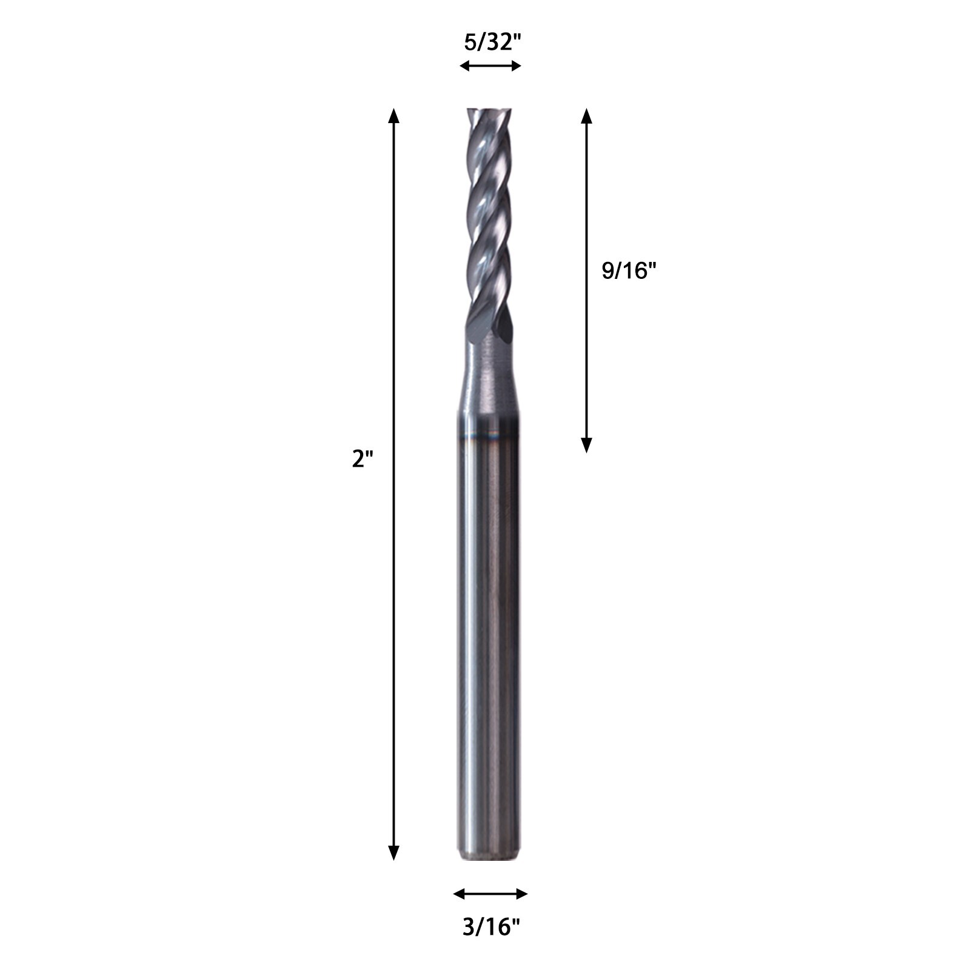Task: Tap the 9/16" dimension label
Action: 629,271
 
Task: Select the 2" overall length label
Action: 363,459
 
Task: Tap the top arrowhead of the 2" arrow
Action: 394,115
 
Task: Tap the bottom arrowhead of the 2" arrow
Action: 394,853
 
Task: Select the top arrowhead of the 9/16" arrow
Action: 586,115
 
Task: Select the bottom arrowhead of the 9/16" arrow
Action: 586,446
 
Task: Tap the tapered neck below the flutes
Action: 488,376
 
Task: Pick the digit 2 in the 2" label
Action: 358,459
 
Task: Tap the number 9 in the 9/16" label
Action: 607,271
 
